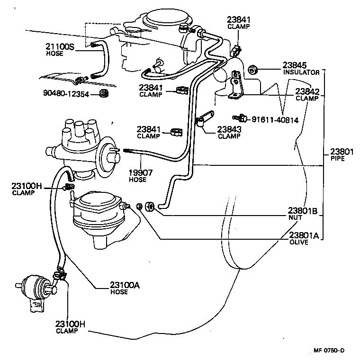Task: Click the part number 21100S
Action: tap(60, 46)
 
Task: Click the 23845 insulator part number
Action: tap(295, 65)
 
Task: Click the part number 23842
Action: tap(307, 91)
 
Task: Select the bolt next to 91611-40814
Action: tap(239, 117)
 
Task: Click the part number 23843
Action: tap(229, 129)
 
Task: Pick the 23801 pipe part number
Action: tap(342, 153)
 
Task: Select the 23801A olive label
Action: tap(303, 235)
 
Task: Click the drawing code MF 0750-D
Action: tap(328, 351)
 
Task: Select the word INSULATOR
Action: tap(302, 72)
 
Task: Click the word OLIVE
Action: tap(299, 242)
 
